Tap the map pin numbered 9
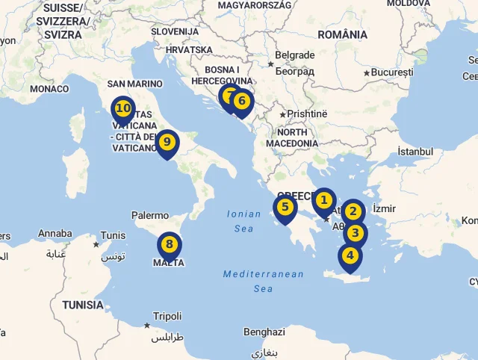[167, 142]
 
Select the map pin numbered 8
[170, 244]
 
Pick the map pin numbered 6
[240, 101]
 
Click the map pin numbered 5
[285, 207]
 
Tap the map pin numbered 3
[356, 234]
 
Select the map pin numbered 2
[353, 211]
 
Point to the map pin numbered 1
[323, 200]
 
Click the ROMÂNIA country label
[342, 34]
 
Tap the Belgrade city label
[295, 55]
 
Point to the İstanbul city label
[415, 152]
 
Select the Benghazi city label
[264, 332]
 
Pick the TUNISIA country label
[83, 305]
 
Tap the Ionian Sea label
[244, 220]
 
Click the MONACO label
[49, 89]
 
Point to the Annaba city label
[55, 232]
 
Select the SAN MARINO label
[135, 84]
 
